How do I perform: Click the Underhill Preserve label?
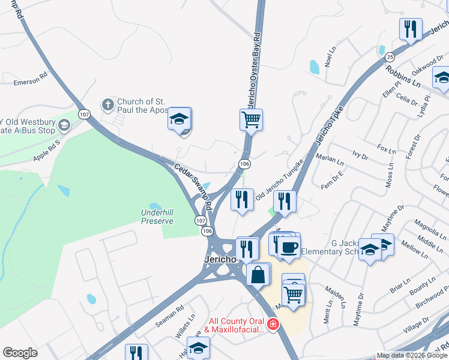[157, 217]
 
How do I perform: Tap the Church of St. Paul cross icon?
[108, 106]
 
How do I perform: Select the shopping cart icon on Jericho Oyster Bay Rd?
[252, 118]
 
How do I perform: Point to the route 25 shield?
[390, 57]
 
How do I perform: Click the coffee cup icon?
[289, 247]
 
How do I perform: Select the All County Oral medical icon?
[273, 325]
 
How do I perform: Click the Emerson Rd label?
[30, 81]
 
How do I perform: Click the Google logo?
[20, 353]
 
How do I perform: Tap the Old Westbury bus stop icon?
[64, 125]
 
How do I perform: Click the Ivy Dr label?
[360, 156]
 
